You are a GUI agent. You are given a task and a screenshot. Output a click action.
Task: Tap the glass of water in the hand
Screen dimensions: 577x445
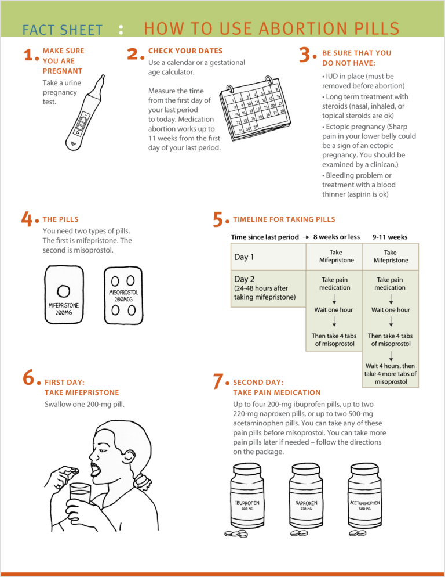pyautogui.click(x=79, y=497)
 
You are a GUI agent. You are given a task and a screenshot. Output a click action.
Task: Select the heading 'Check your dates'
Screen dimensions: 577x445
pyautogui.click(x=185, y=51)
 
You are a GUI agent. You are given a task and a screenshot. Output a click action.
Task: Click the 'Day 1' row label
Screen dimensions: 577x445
pyautogui.click(x=244, y=257)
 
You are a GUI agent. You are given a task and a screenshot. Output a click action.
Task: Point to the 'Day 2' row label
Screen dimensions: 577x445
pyautogui.click(x=244, y=279)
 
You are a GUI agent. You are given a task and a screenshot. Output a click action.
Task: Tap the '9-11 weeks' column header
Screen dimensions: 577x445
pyautogui.click(x=389, y=237)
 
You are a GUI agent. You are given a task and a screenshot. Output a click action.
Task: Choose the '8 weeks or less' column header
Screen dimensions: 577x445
pyautogui.click(x=336, y=237)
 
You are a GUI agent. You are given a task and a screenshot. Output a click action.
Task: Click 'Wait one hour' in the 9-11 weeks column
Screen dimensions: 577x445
pyautogui.click(x=390, y=310)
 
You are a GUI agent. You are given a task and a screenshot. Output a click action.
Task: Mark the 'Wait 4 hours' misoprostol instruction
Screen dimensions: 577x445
pyautogui.click(x=390, y=374)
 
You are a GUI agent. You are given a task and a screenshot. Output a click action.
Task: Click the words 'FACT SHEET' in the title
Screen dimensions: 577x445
pyautogui.click(x=63, y=30)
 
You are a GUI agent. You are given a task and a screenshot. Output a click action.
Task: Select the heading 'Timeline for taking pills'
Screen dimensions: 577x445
pyautogui.click(x=283, y=219)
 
